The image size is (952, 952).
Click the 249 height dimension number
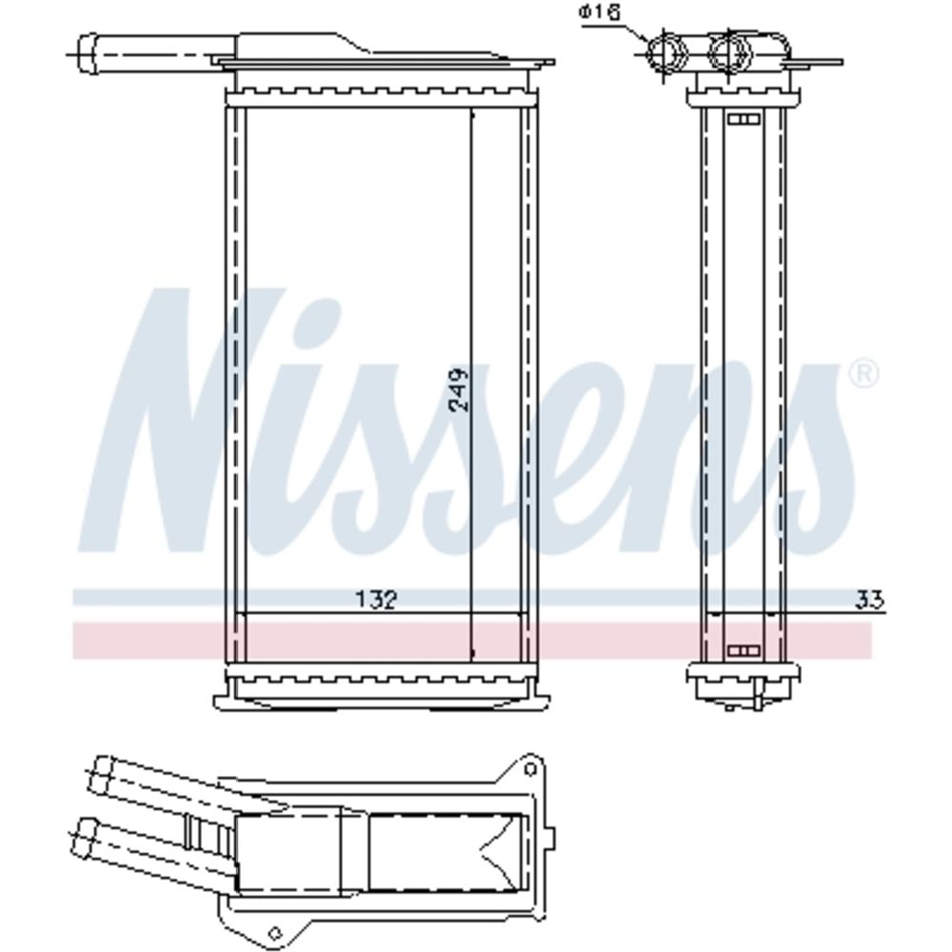pyautogui.click(x=460, y=389)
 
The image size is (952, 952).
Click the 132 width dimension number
pyautogui.click(x=376, y=600)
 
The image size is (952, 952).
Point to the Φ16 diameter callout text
pyautogui.click(x=601, y=13)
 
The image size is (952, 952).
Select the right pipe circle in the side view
pyautogui.click(x=730, y=52)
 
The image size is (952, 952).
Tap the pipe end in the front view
pyautogui.click(x=88, y=55)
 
